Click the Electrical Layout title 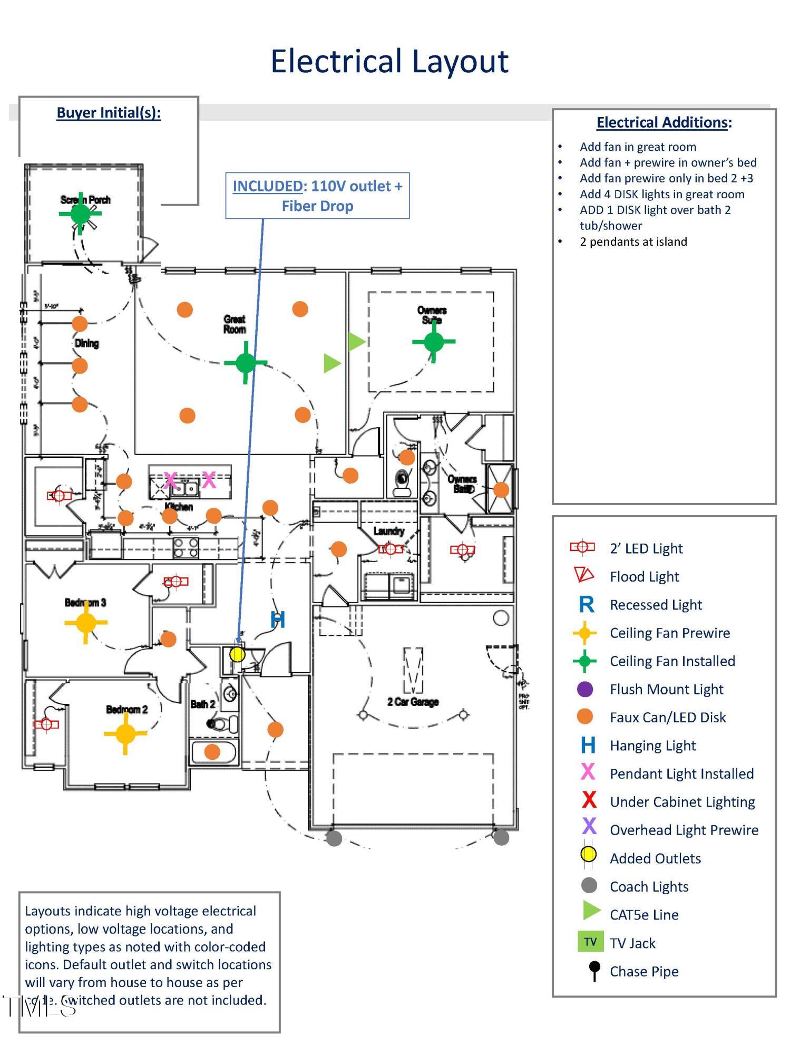click(389, 61)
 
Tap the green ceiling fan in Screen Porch click(80, 214)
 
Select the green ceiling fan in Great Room click(246, 363)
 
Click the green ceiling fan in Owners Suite click(433, 342)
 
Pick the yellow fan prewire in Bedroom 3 click(86, 623)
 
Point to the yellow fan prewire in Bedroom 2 click(125, 733)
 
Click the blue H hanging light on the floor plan click(278, 620)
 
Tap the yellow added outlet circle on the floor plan click(238, 654)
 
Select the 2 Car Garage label click(413, 702)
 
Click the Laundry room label click(388, 531)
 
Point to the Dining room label click(86, 343)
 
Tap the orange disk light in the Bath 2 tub click(212, 751)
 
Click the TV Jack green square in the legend click(590, 942)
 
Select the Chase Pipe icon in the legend click(594, 970)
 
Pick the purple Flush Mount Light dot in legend click(585, 689)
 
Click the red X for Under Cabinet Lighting click(589, 800)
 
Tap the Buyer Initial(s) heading click(109, 113)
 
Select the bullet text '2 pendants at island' click(633, 241)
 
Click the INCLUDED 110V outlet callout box click(317, 196)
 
